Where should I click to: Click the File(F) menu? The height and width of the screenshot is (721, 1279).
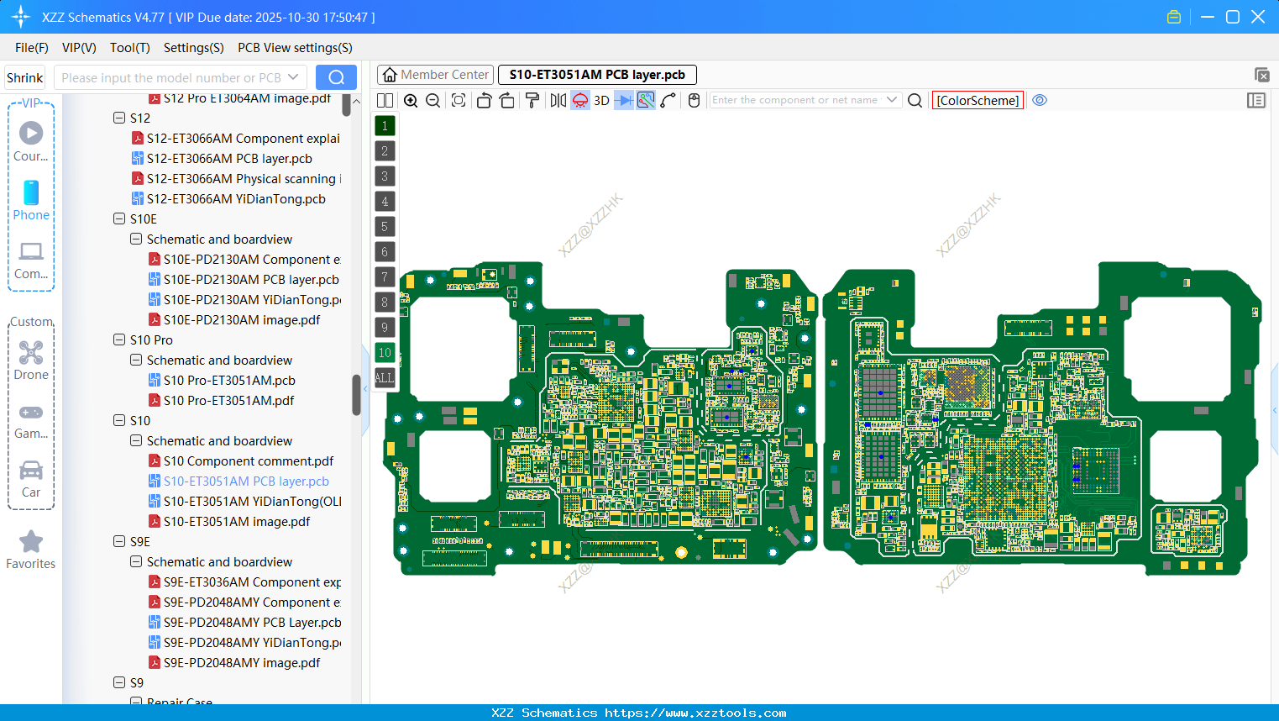click(x=31, y=48)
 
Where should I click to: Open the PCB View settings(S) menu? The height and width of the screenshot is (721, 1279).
click(x=295, y=48)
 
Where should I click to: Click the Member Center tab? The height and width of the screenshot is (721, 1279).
click(x=434, y=75)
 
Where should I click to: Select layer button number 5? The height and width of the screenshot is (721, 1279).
click(x=385, y=227)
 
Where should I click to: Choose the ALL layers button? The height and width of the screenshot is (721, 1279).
click(x=385, y=378)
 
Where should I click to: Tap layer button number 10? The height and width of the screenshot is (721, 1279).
click(x=385, y=353)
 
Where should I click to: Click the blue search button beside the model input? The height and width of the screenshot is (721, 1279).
click(x=336, y=77)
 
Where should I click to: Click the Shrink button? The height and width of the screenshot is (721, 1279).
click(x=24, y=77)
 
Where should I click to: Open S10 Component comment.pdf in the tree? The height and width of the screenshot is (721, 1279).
click(x=248, y=461)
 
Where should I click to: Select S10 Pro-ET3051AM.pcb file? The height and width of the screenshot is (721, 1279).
click(x=229, y=381)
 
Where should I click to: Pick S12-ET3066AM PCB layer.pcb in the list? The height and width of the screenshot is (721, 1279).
click(x=229, y=159)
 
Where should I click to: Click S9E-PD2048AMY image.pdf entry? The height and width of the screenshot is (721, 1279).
click(x=242, y=663)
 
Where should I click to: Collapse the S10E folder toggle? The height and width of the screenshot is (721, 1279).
click(x=119, y=219)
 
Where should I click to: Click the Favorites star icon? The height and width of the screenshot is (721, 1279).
click(x=31, y=543)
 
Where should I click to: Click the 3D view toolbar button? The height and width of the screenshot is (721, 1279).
click(x=601, y=101)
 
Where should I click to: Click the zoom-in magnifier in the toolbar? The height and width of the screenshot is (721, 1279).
click(x=411, y=101)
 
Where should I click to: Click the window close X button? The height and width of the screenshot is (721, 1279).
click(x=1258, y=17)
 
